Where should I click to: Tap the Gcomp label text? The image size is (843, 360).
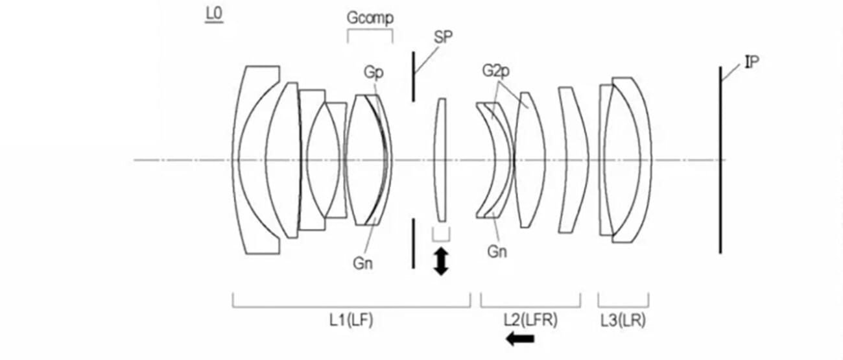click(370, 18)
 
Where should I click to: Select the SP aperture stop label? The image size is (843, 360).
click(443, 37)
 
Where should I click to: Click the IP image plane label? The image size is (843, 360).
click(752, 62)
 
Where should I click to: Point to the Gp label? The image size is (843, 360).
click(373, 72)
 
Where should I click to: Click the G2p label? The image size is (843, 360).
click(495, 71)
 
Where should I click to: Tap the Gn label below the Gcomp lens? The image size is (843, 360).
click(362, 263)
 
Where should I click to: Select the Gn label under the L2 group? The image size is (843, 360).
click(497, 252)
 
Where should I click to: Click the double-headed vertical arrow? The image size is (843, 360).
click(441, 261)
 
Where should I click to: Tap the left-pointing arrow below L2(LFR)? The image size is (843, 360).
click(521, 338)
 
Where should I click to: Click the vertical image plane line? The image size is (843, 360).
click(720, 160)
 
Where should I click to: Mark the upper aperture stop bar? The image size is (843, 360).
click(413, 77)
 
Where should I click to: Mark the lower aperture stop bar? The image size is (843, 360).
click(413, 243)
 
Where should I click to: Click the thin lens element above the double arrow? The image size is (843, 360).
click(441, 160)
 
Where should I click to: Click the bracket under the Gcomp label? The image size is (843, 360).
click(370, 32)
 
